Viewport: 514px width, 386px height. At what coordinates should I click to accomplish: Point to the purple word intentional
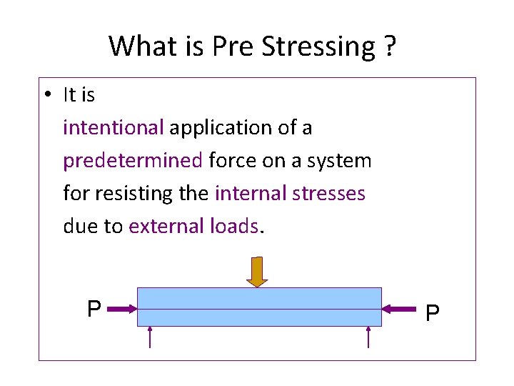114,128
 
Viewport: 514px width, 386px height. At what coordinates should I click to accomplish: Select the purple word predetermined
133,161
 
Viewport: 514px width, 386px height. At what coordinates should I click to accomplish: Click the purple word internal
248,194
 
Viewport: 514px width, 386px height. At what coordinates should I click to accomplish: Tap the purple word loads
234,227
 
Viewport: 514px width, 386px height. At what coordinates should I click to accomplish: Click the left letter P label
94,310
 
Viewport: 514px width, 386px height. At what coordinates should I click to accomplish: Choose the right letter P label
433,313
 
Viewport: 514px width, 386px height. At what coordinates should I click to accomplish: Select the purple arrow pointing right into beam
122,310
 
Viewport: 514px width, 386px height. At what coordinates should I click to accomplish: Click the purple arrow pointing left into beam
399,310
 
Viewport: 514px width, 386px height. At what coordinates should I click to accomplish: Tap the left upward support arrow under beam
150,337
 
